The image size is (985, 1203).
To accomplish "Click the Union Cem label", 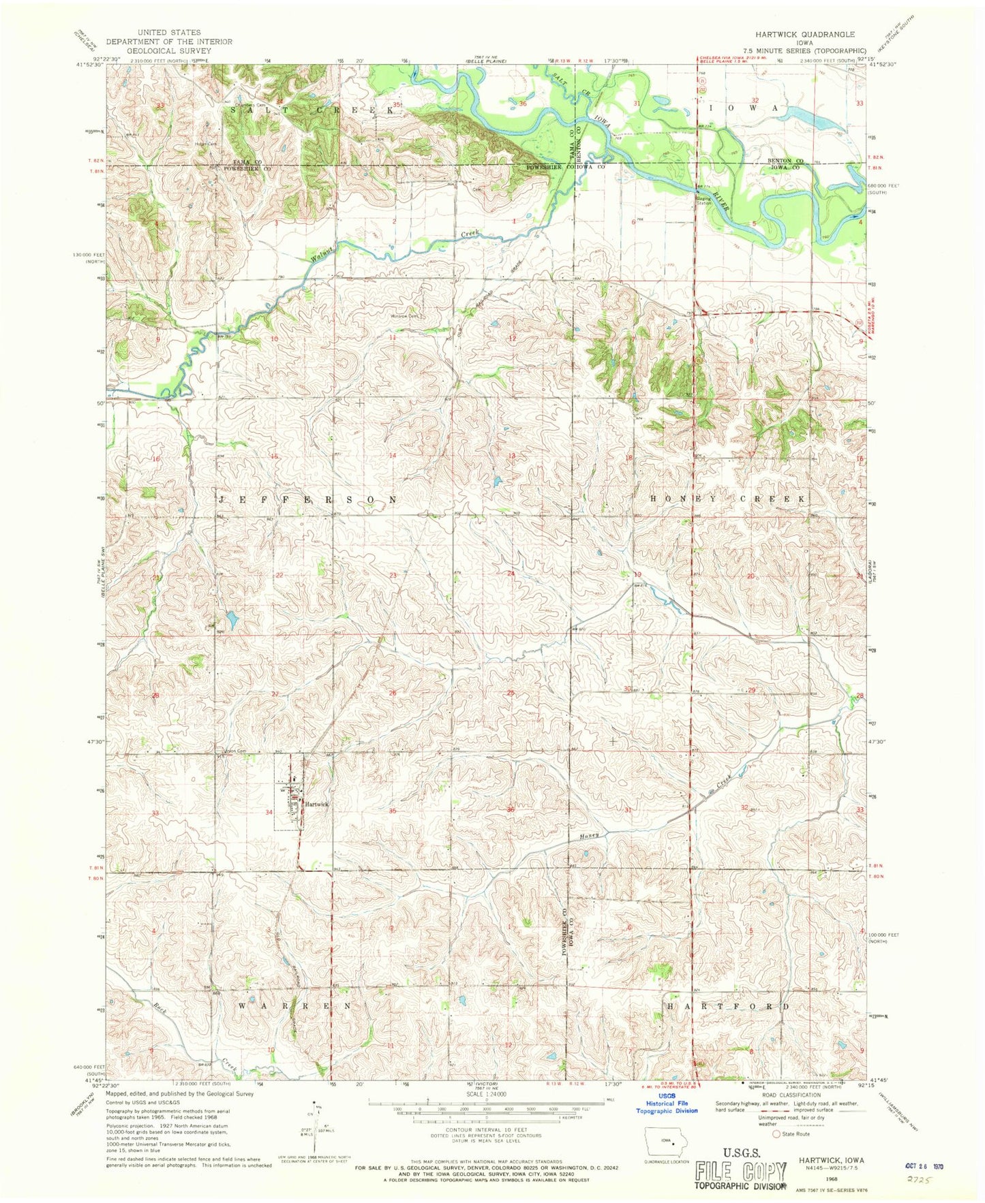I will coord(230,751).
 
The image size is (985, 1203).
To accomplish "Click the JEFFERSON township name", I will coord(307,500).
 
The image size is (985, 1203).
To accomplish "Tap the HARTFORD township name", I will coord(727,1006).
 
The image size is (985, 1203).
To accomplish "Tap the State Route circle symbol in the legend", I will coord(775,1134).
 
